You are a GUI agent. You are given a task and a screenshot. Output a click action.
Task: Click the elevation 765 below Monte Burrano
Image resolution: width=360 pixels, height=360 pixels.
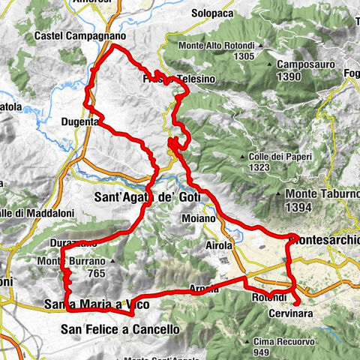[95, 275]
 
